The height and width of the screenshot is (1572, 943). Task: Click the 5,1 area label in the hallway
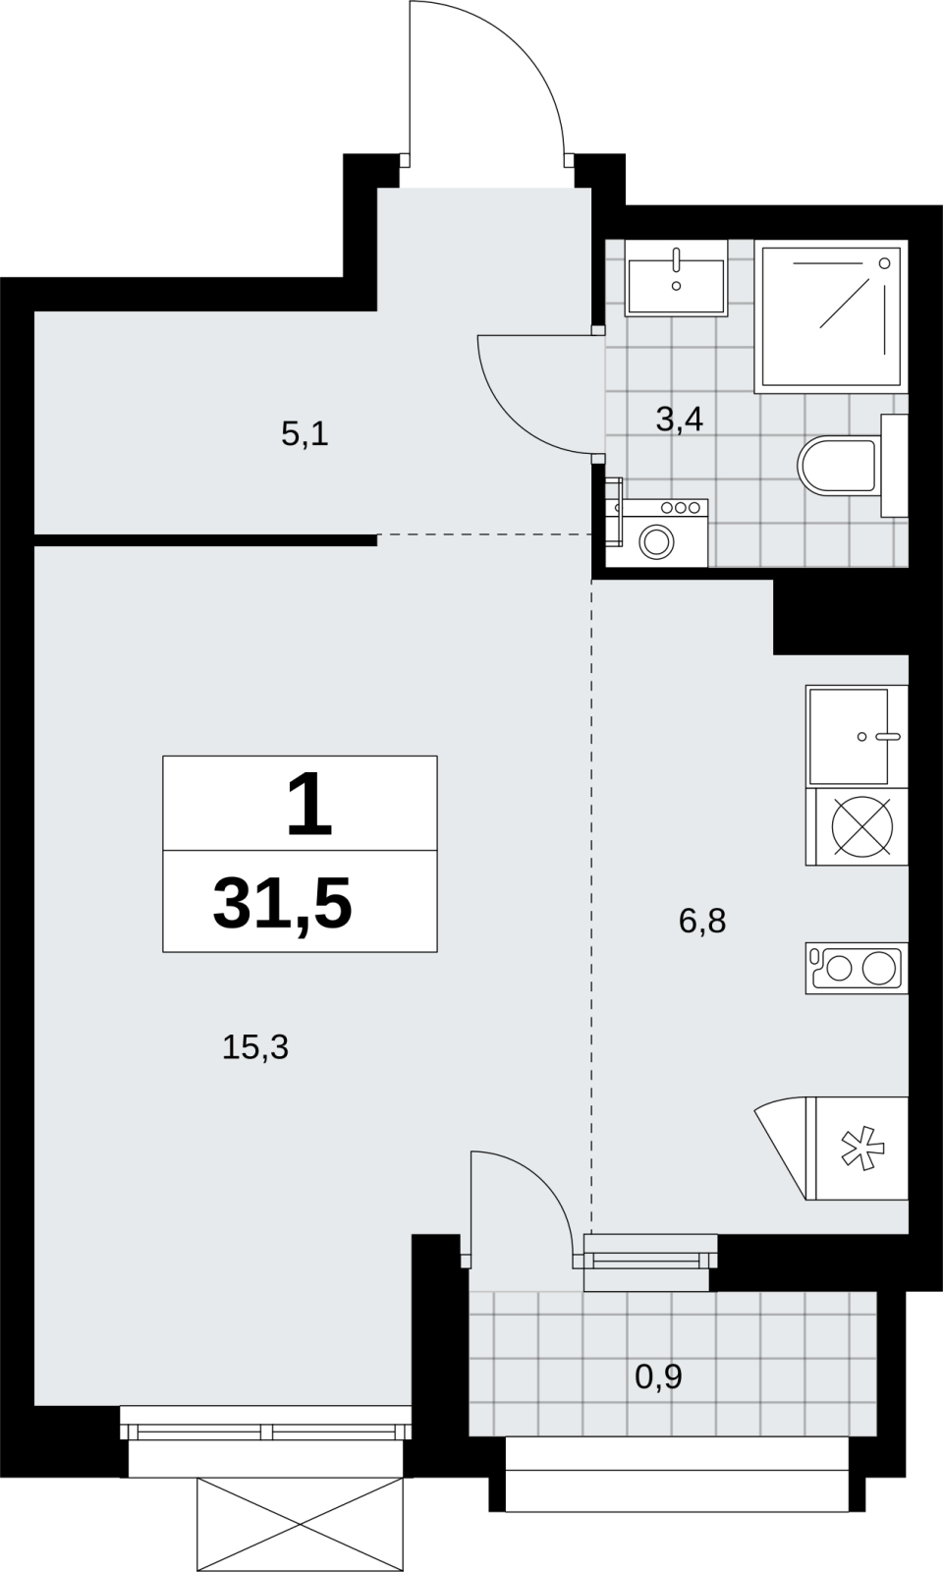[305, 435]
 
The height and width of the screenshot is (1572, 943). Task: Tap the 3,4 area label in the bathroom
[679, 420]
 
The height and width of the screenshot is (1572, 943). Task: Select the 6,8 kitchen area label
[702, 921]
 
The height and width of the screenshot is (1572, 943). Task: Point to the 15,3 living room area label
[255, 1047]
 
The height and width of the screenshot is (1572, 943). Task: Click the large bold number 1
[309, 804]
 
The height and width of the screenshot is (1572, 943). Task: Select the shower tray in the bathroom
[831, 315]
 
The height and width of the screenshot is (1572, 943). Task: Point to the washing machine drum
[657, 541]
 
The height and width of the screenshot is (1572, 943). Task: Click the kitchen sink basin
[849, 736]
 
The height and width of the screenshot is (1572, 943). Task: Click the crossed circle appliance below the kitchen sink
[862, 826]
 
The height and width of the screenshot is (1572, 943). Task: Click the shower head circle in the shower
[885, 262]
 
